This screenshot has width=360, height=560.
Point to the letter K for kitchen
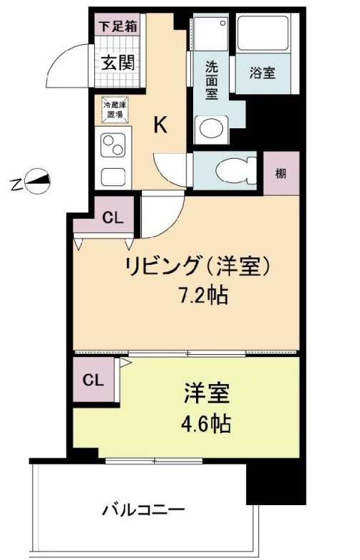click(161, 126)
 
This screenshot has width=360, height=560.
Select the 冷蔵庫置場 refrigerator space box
click(115, 110)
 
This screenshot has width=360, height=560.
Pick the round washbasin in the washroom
click(211, 129)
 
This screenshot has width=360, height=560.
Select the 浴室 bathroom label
click(262, 73)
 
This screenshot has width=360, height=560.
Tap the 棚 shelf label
click(281, 173)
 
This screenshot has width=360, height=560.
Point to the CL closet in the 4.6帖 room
click(93, 380)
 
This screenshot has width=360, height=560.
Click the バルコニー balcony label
click(143, 510)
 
